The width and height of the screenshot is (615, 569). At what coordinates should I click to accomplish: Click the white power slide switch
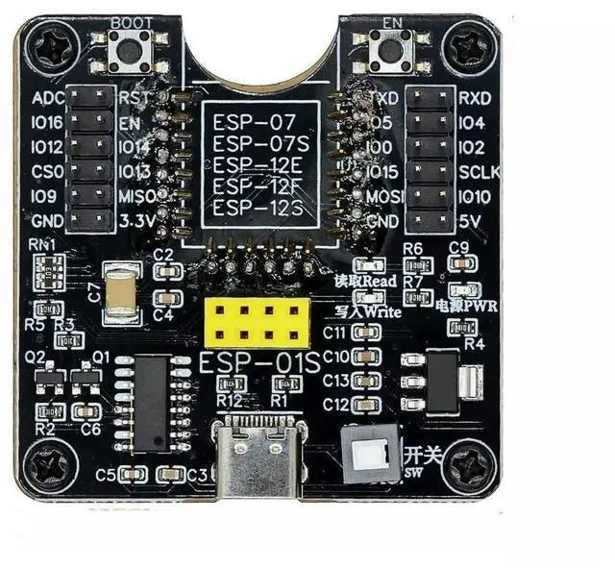pos(370,456)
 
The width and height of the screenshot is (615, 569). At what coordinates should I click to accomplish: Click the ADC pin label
pos(47,99)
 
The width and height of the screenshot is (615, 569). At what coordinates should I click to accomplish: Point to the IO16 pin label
pos(47,123)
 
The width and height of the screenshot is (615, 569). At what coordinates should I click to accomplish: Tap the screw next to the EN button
pos(470,44)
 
